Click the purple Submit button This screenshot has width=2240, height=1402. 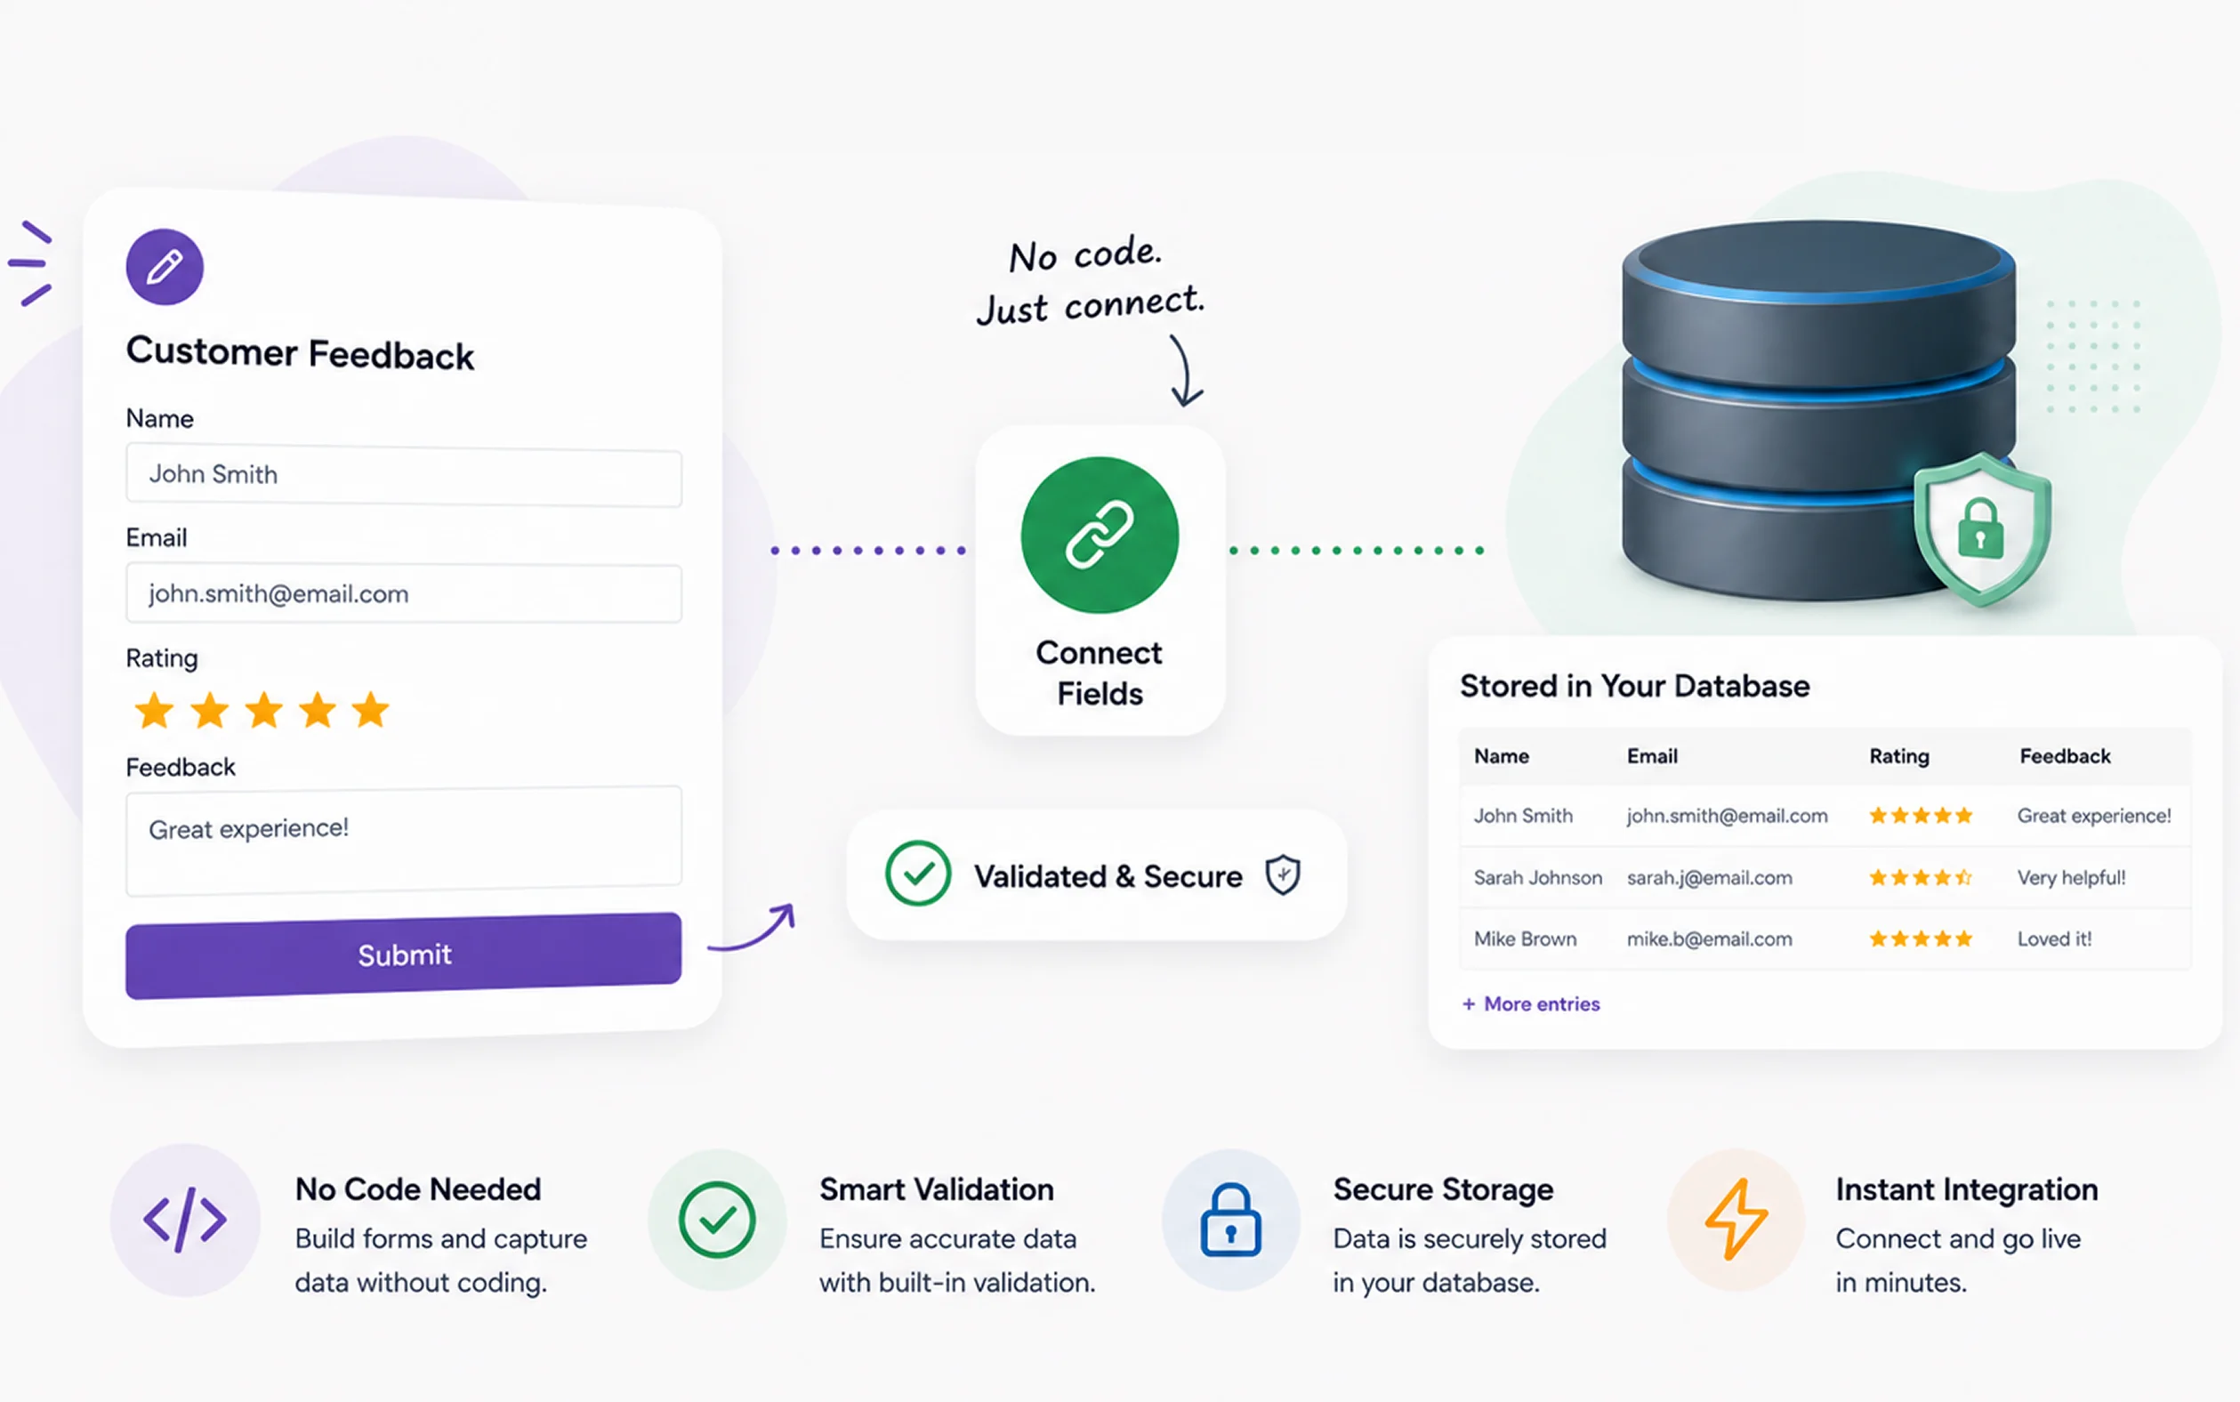[x=403, y=955]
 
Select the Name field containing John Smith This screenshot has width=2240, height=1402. [x=403, y=476]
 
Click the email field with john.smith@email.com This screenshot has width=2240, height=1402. [x=403, y=593]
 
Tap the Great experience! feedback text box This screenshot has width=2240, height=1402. [x=403, y=840]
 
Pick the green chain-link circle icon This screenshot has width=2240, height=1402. [x=1100, y=535]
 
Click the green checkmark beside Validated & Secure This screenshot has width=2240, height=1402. [x=918, y=874]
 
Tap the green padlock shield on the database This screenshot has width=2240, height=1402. [x=1982, y=528]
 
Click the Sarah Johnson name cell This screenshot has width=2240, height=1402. [x=1537, y=877]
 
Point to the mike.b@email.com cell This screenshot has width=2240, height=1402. [x=1709, y=939]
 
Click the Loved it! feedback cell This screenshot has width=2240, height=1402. [x=2055, y=939]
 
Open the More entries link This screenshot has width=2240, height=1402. [x=1531, y=1004]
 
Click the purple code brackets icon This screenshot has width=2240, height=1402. [x=184, y=1220]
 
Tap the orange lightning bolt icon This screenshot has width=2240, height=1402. [x=1736, y=1220]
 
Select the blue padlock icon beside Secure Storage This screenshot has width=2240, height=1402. [x=1230, y=1220]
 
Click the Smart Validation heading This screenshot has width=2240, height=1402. [x=937, y=1189]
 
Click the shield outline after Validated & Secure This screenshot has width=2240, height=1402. [x=1283, y=874]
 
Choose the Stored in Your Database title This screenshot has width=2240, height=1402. [x=1634, y=686]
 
